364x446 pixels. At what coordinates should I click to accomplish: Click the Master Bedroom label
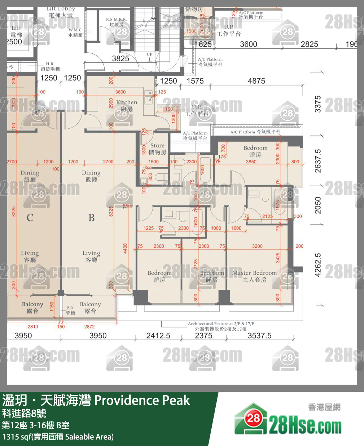coord(254,276)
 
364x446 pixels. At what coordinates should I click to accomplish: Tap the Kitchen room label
coord(126,105)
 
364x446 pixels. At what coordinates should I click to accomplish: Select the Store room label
coord(157,149)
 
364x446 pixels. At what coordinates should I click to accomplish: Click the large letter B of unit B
coord(91,218)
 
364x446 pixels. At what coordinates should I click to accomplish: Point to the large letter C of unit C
coord(30,218)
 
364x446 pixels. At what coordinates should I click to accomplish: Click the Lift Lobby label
coord(61,12)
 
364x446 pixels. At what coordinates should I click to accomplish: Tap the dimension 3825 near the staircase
coord(120,58)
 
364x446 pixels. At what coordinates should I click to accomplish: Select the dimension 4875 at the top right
coord(256,81)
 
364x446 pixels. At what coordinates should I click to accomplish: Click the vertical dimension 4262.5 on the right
coord(317,265)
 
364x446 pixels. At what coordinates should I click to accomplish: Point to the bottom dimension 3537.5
coord(259,336)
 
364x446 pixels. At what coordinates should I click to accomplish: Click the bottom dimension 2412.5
coord(158,336)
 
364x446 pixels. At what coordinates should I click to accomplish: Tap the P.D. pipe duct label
coord(70,310)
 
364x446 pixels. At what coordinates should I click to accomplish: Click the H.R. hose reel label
coord(50,66)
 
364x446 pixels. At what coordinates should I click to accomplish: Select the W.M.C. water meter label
coord(75,32)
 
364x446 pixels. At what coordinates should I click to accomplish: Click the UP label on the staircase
coord(149,57)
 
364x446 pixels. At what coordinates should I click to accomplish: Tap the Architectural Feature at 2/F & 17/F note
coord(221,326)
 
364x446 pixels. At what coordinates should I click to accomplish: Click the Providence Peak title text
coord(142,400)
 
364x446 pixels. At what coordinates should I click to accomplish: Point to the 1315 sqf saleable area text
coord(58,437)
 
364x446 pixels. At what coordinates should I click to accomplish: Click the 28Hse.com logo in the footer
coord(289,424)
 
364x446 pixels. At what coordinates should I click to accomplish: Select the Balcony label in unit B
coord(90,307)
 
